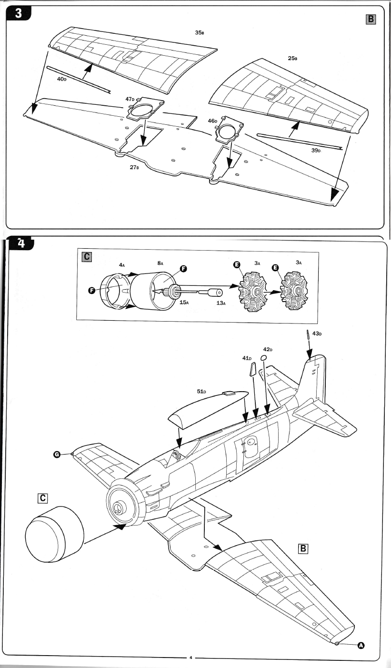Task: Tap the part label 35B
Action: coord(200,32)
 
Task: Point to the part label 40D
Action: coord(61,79)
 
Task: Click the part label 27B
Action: coord(134,167)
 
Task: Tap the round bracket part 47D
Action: coord(146,109)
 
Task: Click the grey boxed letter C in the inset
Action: coord(87,257)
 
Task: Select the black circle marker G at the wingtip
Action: coord(57,455)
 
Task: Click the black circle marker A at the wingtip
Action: coord(361,645)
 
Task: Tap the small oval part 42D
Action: coord(263,358)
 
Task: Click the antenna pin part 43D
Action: coord(308,335)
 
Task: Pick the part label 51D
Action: coord(201,391)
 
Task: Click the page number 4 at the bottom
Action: coord(190,658)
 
